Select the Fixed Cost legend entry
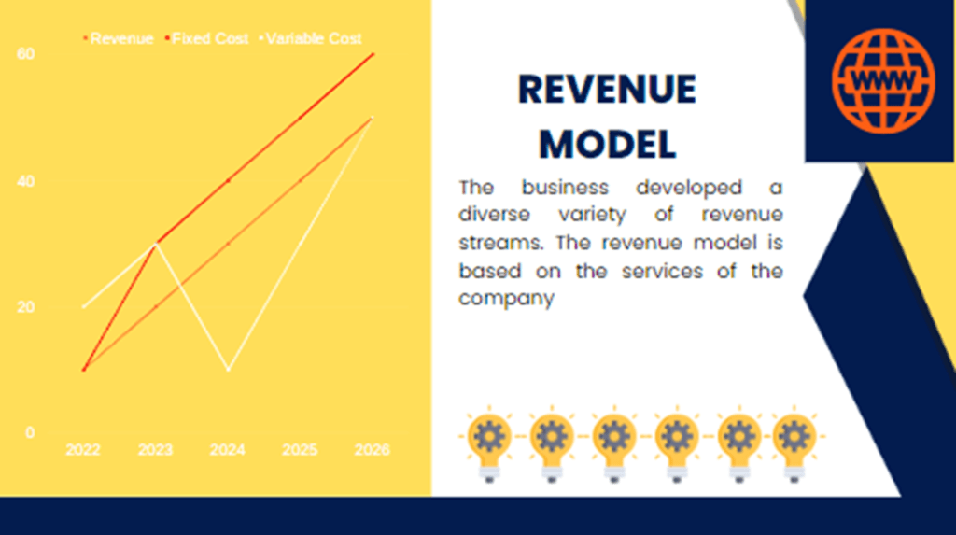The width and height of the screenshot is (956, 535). pos(207,39)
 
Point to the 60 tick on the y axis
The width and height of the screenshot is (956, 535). pos(26,54)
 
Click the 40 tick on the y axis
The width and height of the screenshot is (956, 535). pos(26,181)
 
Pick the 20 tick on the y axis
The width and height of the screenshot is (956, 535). pos(26,307)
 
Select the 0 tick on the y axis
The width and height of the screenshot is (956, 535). pos(30,433)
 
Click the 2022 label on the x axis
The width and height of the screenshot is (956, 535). pos(83,450)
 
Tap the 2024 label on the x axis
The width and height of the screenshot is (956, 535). pos(228,450)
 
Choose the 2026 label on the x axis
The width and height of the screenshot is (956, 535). pos(372,450)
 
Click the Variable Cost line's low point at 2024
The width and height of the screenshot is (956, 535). pos(228,370)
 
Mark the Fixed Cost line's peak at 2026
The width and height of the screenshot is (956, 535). pos(373,54)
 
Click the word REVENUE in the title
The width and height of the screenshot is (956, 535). pos(607,91)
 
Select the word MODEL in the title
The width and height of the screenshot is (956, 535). pos(608,144)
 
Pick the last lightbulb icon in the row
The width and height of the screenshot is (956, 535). pos(794,443)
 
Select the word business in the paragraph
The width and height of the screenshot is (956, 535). pos(565,188)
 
